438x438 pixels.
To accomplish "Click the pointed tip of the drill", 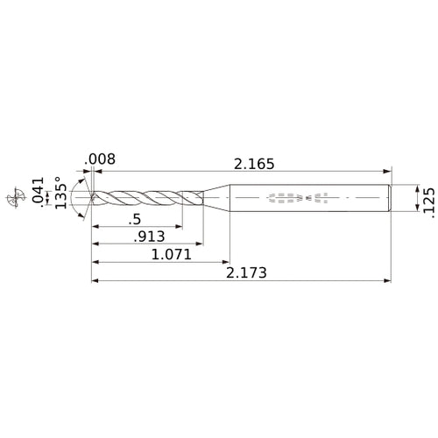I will coord(92,198).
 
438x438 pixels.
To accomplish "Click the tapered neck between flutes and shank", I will coord(216,198).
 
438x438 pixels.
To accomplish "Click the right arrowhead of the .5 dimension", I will coord(180,226).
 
